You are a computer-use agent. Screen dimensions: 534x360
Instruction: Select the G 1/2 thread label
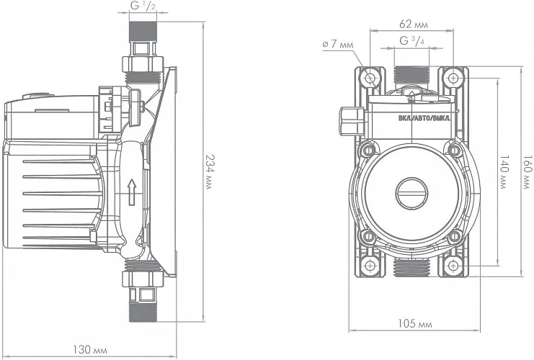point(143,6)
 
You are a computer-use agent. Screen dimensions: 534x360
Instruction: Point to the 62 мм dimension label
point(414,24)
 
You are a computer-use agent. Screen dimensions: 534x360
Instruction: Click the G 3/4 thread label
point(412,41)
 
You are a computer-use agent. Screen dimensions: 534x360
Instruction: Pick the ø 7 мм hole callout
point(338,44)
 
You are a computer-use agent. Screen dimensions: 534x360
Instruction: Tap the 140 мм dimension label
point(504,172)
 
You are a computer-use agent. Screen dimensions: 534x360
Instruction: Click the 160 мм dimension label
point(528,172)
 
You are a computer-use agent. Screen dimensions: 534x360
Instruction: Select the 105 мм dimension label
point(415,323)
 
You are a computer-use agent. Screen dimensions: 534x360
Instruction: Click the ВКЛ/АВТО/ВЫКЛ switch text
point(424,118)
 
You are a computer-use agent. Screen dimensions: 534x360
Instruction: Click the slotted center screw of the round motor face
point(411,192)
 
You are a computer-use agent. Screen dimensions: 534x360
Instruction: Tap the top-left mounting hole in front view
point(370,78)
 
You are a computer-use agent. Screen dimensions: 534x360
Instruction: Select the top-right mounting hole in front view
point(453,78)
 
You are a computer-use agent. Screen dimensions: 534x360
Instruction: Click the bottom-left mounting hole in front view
point(370,265)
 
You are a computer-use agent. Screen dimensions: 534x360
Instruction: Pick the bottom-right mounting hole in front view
point(453,265)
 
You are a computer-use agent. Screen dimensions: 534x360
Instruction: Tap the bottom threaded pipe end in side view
point(143,311)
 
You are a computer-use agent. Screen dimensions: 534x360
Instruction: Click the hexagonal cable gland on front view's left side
point(352,121)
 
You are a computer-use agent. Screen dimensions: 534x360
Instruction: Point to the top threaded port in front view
point(411,75)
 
